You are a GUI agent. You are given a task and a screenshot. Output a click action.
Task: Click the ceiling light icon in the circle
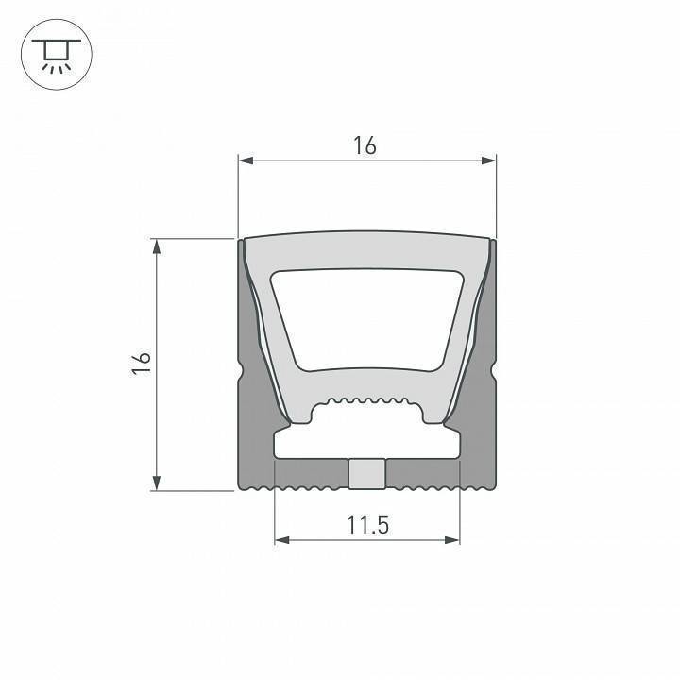pos(55,56)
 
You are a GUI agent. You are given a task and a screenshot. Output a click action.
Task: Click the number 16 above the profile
pos(365,145)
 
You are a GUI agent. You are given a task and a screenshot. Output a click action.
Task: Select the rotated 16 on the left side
pos(142,365)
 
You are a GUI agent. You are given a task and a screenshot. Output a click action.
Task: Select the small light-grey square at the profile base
pos(366,474)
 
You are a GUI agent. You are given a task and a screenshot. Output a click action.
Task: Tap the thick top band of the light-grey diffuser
pos(366,250)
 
